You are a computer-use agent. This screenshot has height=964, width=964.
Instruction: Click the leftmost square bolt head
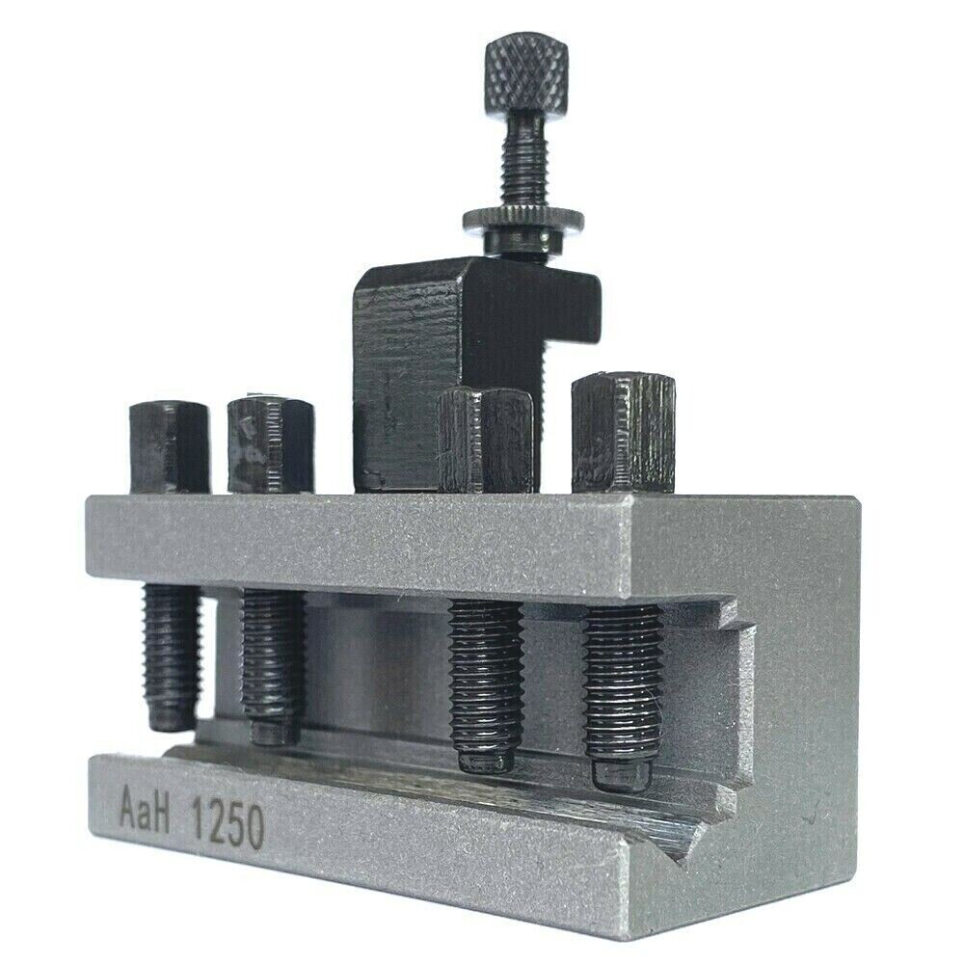coord(169,446)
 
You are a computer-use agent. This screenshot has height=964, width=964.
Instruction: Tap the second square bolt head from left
coord(270,444)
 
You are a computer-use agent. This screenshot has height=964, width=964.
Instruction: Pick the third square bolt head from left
coord(485,440)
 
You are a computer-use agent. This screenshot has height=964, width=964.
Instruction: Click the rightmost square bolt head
coord(622,433)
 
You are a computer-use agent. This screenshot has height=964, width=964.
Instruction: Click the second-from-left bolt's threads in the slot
coord(272,660)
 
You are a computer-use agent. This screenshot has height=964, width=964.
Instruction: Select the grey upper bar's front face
coord(366,545)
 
